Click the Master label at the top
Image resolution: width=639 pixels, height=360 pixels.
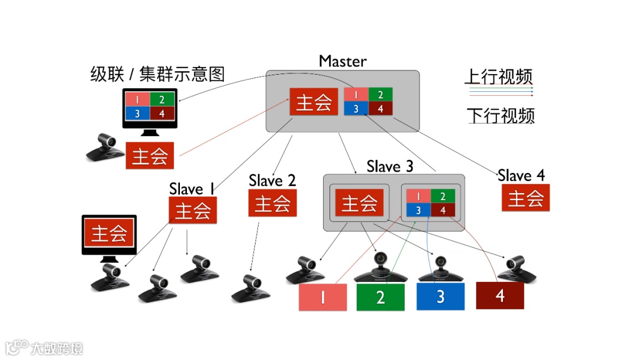[x=343, y=61]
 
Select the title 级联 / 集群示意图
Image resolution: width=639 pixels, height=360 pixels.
[x=157, y=75]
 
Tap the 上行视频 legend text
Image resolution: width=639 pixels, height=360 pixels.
[x=499, y=77]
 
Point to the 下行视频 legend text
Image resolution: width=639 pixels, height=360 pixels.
[x=500, y=115]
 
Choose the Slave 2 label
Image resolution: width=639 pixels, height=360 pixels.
[x=272, y=180]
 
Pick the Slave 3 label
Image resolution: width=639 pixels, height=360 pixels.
[x=390, y=166]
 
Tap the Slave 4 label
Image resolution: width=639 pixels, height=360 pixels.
[x=521, y=175]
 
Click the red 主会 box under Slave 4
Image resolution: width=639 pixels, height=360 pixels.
[x=525, y=198]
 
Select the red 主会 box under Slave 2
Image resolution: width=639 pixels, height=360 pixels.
[x=272, y=204]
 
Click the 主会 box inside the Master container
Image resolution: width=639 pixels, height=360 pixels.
[x=314, y=102]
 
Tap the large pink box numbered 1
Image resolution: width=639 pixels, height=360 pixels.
[x=322, y=297]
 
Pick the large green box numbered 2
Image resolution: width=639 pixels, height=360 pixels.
[x=380, y=297]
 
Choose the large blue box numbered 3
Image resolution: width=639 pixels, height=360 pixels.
[x=440, y=297]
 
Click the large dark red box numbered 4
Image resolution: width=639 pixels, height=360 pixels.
[x=500, y=295]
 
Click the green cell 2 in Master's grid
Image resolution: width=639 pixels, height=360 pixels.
[x=380, y=95]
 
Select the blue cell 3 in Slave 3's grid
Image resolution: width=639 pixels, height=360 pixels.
[x=418, y=210]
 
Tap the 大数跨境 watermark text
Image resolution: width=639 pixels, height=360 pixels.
[x=57, y=348]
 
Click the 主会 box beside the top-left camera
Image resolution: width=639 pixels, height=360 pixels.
[x=150, y=156]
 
